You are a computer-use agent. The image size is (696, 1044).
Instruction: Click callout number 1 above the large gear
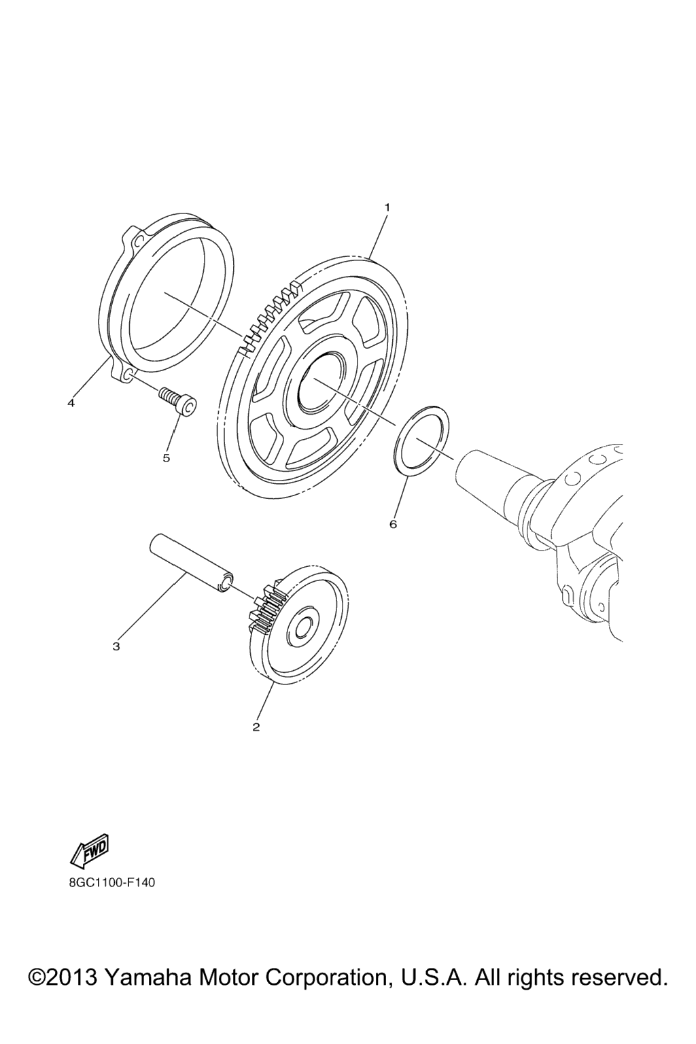(387, 207)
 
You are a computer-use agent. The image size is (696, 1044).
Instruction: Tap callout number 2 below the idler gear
(256, 727)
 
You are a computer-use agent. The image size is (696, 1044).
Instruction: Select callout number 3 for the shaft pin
(116, 646)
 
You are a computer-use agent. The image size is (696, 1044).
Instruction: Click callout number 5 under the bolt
(167, 458)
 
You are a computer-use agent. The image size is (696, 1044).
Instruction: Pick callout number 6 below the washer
(393, 524)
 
